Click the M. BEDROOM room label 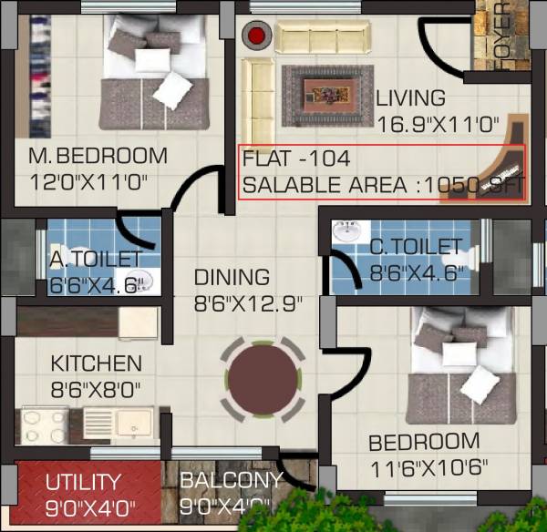pos(98,156)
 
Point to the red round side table pos(257,36)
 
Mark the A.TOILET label pos(96,260)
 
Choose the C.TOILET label pos(416,247)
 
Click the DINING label pos(232,277)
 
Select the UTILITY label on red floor pos(84,481)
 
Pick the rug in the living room pos(328,94)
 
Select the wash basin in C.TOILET pos(346,233)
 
